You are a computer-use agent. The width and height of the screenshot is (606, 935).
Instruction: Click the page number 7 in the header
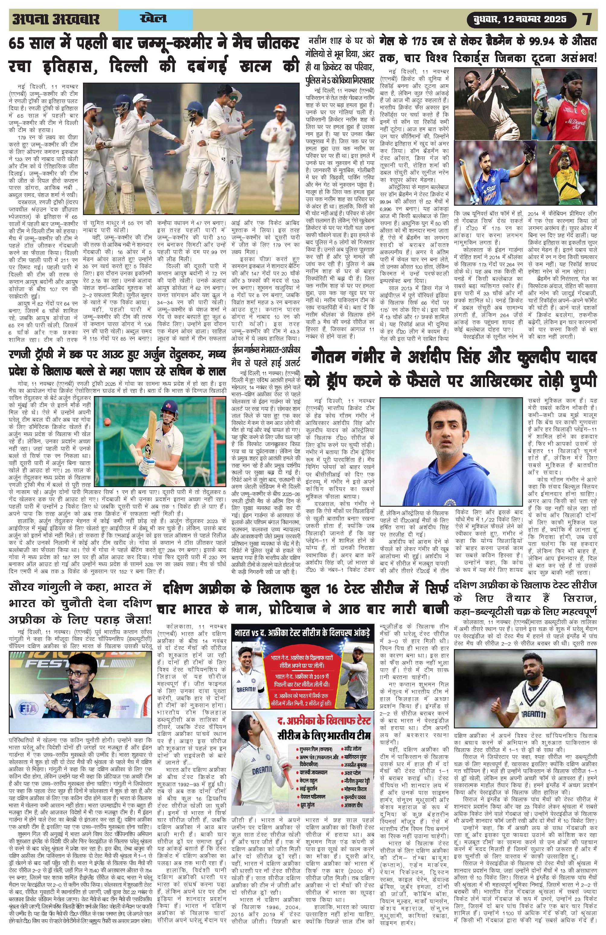(588, 19)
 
